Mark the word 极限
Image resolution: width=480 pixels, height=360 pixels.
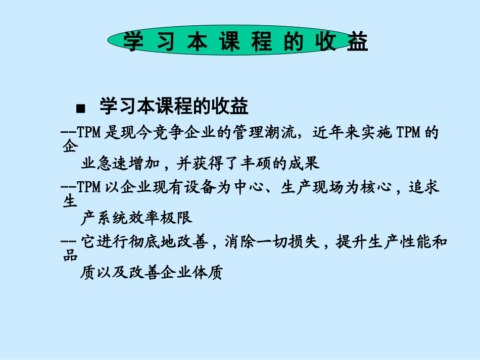pyautogui.click(x=179, y=219)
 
